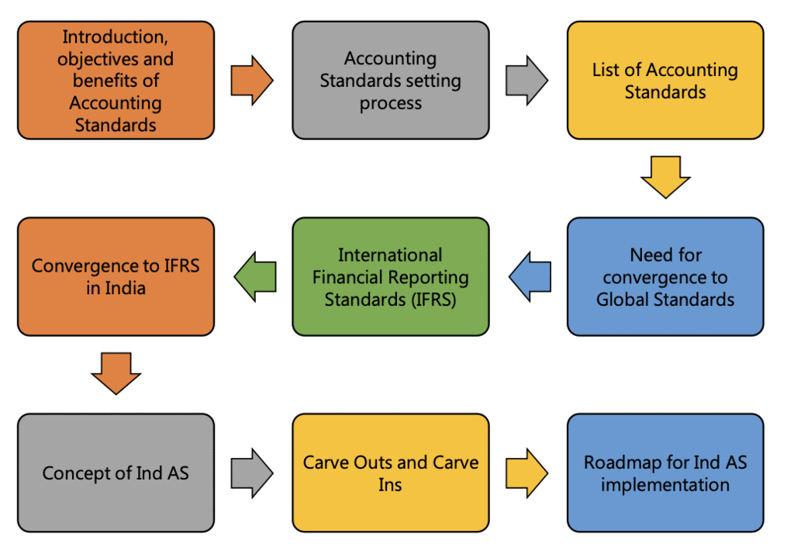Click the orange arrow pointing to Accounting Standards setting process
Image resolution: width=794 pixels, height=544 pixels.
[x=251, y=80]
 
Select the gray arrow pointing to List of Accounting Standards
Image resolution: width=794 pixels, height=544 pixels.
[x=526, y=80]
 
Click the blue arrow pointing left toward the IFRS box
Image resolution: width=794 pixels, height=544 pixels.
[x=530, y=276]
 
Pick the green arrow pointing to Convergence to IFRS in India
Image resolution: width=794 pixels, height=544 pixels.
[x=255, y=276]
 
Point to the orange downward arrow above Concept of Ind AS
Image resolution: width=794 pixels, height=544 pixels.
[x=116, y=372]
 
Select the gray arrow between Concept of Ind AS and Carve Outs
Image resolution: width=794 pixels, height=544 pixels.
[x=251, y=473]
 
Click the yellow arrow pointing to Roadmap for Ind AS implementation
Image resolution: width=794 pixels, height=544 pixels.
[x=526, y=473]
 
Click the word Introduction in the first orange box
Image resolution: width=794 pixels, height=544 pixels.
[x=116, y=36]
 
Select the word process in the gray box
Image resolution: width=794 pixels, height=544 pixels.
[x=390, y=103]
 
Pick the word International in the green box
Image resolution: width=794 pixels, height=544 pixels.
[x=390, y=255]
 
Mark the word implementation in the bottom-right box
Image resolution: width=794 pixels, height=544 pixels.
[x=665, y=485]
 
